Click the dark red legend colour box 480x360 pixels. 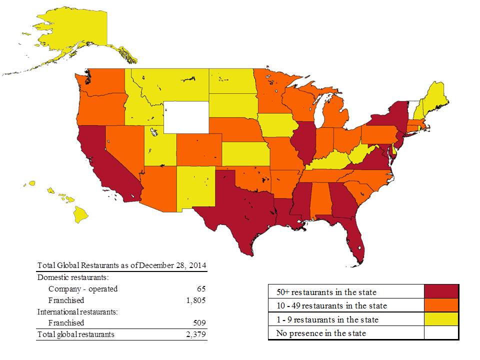[x=441, y=291]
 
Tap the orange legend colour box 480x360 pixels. [x=441, y=305]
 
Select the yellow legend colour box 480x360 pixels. [x=441, y=319]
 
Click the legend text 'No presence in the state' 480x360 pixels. [x=321, y=333]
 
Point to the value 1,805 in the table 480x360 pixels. [x=195, y=300]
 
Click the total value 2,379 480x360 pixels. [x=195, y=334]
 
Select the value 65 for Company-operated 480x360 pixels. [x=201, y=288]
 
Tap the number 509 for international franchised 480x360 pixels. [x=199, y=322]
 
